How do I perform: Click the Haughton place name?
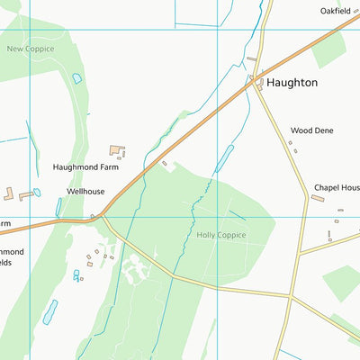point(292,82)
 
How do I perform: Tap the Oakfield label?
point(339,11)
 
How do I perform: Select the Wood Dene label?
point(311,130)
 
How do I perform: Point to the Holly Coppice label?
point(220,235)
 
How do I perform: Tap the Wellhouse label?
point(85,192)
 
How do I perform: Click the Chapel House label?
point(337,188)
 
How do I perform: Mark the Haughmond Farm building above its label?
point(117,150)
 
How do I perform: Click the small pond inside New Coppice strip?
point(76,78)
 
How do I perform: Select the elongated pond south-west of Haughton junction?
point(224,158)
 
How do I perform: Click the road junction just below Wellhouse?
point(101,216)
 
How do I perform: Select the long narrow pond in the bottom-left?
point(49,311)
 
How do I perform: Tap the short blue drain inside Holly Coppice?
point(238,215)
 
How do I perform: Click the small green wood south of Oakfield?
point(328,49)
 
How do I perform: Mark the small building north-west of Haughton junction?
point(251,59)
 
